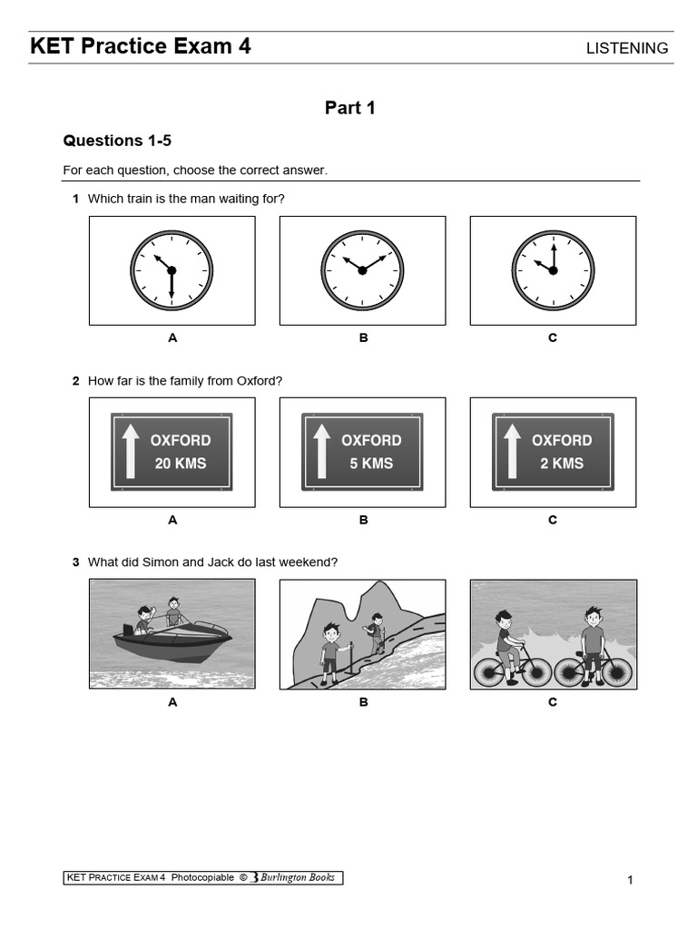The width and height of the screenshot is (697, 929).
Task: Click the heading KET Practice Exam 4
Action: (141, 46)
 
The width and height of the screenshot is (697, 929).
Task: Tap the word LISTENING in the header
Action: (627, 48)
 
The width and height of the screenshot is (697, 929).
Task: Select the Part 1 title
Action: (349, 108)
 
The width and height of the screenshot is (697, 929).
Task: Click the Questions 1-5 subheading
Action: (116, 141)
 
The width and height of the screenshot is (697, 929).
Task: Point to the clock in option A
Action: (172, 270)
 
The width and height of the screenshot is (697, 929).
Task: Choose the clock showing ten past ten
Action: (362, 270)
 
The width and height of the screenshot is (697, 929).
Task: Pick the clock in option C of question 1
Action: (553, 270)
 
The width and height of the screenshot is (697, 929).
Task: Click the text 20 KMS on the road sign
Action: (180, 464)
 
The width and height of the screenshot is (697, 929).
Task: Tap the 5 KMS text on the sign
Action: (370, 464)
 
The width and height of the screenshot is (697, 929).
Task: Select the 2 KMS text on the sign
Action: (561, 464)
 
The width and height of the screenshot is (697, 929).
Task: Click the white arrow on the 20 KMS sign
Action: (131, 451)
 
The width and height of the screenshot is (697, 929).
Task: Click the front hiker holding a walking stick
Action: (330, 650)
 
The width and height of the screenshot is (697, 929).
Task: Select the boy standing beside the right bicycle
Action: (593, 640)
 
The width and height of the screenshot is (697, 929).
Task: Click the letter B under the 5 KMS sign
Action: (363, 520)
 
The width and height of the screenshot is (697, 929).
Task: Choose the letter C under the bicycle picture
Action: (553, 702)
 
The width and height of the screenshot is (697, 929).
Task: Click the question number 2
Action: (76, 381)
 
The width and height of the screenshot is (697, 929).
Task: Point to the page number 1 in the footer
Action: (629, 880)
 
